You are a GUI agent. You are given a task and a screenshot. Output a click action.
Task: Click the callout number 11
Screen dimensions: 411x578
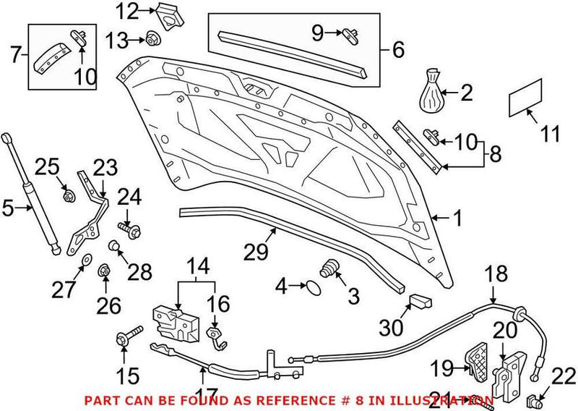pos(551,134)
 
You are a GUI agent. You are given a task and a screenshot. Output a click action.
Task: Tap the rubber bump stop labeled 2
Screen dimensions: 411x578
pos(433,92)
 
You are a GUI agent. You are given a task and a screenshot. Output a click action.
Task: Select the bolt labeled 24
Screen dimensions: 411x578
pos(132,229)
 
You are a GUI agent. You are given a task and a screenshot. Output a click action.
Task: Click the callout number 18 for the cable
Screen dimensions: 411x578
pos(495,274)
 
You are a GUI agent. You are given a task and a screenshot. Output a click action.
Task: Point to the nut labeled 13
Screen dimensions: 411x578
pos(152,38)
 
